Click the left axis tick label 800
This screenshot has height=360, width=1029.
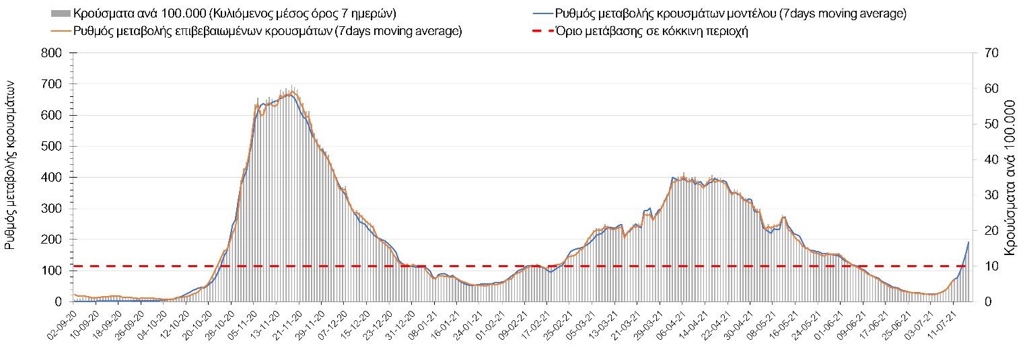click(52, 53)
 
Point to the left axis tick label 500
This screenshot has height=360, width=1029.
click(52, 147)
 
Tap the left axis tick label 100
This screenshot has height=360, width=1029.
click(52, 271)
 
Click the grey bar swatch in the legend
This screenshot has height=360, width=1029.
click(60, 13)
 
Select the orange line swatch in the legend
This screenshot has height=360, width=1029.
click(60, 31)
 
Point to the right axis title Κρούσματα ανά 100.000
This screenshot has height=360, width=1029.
click(1010, 178)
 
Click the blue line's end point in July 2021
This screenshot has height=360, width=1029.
click(968, 242)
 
